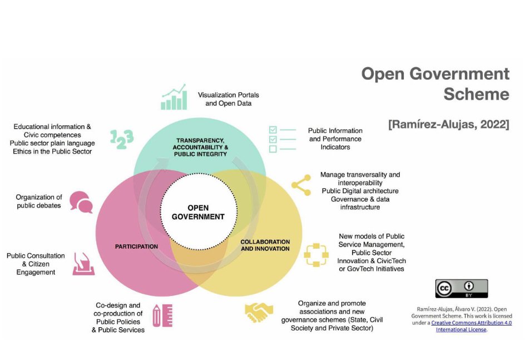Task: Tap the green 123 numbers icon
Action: tap(121, 139)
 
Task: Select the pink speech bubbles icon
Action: tap(81, 202)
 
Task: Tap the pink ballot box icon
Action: tap(83, 264)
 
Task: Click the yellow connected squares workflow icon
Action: tap(315, 254)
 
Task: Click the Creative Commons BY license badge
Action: tap(461, 288)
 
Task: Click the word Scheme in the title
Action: tap(476, 94)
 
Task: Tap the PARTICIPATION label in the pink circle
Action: tap(136, 246)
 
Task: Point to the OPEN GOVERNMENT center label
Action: tap(198, 212)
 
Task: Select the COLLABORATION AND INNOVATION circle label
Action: tap(265, 245)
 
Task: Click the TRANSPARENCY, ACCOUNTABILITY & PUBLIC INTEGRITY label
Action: tap(200, 147)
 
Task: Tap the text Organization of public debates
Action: tap(39, 201)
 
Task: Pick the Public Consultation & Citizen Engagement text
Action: tap(36, 264)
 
